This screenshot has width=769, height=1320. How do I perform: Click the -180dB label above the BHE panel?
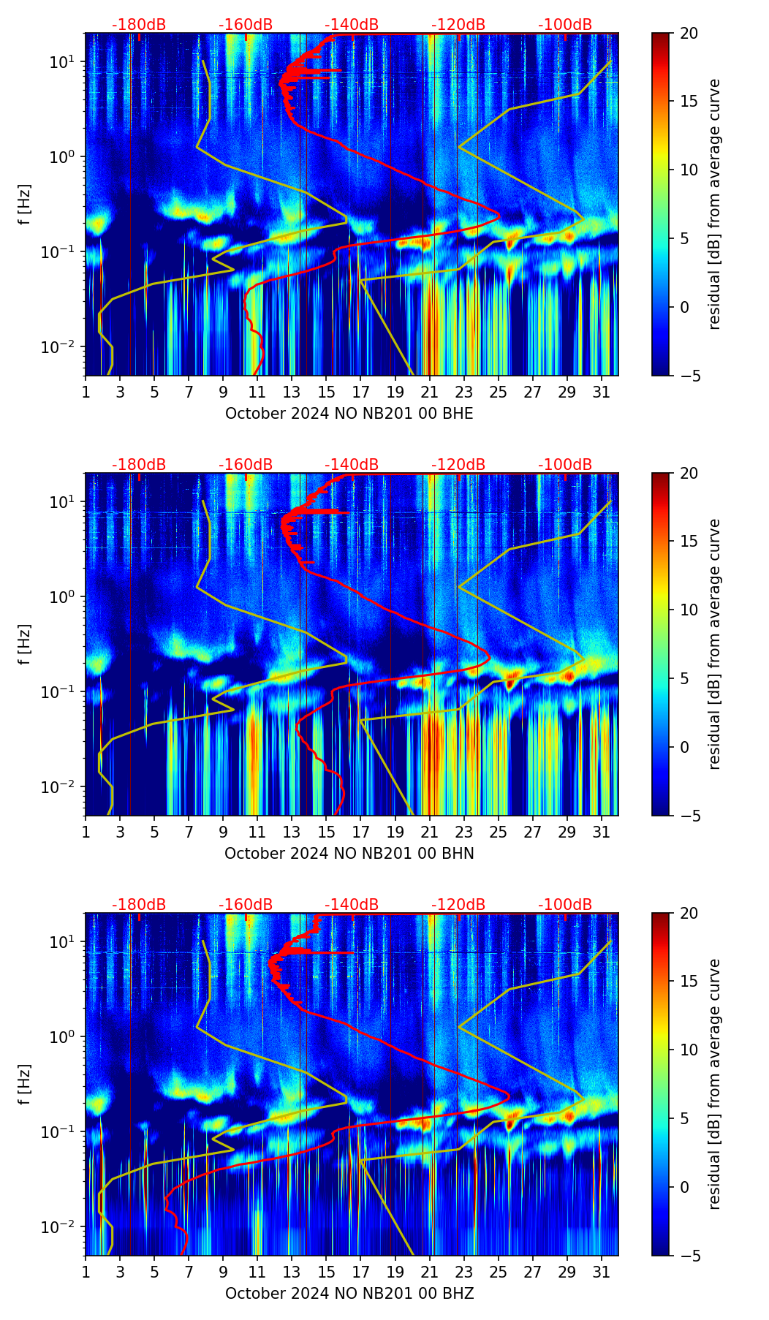point(139,25)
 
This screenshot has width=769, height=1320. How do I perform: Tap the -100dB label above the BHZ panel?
point(565,905)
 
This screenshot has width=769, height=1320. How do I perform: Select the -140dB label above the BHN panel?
point(352,465)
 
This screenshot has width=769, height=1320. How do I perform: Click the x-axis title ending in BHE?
point(349,414)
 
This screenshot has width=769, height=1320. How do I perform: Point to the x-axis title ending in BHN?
point(349,854)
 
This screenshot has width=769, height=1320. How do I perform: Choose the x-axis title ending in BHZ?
point(349,1294)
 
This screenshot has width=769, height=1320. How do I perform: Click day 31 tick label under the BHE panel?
point(601,392)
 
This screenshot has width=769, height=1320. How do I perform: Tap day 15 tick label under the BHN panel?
point(326,832)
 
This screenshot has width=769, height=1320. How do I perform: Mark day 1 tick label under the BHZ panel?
point(86,1272)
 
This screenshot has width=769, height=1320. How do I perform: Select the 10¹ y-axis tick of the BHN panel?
point(64,502)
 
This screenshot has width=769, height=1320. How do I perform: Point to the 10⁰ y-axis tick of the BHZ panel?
point(64,1037)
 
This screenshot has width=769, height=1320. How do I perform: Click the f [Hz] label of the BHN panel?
point(26,644)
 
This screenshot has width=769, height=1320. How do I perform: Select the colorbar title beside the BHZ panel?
point(715,1084)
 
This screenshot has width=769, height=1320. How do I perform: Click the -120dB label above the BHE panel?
point(458,25)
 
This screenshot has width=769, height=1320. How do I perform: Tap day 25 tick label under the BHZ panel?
point(498,1272)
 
